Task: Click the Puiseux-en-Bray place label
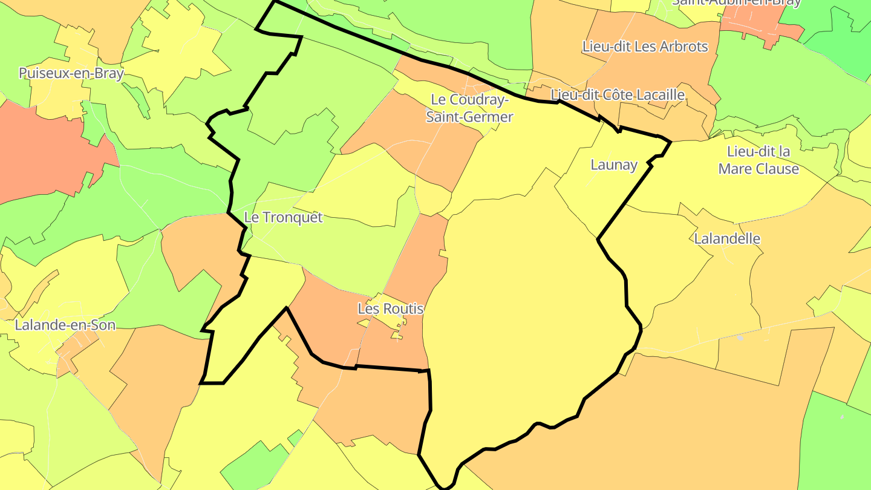[71, 74]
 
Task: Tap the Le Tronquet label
[284, 217]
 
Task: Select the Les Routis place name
[390, 309]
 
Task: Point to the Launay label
[614, 165]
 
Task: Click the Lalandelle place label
[727, 238]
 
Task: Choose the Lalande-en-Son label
[65, 325]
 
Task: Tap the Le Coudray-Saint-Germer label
[469, 108]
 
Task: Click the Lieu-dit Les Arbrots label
[645, 46]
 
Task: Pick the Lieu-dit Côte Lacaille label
[618, 95]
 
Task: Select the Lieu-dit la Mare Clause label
[758, 160]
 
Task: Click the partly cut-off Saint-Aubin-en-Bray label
[736, 2]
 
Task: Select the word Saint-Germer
[469, 117]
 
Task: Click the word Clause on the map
[777, 169]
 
